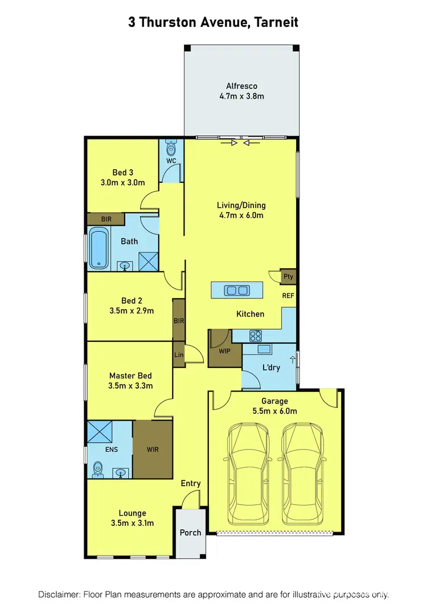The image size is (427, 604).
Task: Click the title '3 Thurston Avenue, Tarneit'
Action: tap(213, 22)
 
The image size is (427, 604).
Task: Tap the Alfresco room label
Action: tap(241, 86)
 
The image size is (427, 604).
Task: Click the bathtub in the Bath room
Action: tap(98, 248)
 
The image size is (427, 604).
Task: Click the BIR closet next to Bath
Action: tap(106, 219)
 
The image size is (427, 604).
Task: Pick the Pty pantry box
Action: tap(289, 277)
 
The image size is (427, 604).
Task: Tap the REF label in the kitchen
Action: tap(288, 296)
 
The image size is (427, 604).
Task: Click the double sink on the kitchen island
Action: tap(237, 291)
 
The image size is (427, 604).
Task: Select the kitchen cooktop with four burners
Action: tap(254, 336)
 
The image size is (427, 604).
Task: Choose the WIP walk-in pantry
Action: tap(224, 350)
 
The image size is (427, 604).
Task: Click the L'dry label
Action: tap(271, 368)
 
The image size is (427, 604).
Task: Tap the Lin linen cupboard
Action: tap(179, 354)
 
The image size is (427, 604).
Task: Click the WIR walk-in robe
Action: tap(152, 450)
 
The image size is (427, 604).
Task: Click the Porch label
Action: tap(190, 533)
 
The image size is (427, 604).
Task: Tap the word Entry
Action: tap(191, 483)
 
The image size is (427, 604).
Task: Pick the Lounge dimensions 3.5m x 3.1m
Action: tap(132, 523)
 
